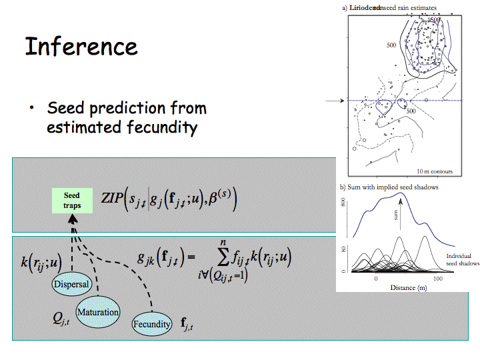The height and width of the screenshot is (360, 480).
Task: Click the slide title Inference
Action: point(81,47)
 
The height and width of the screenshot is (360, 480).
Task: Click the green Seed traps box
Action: point(72,201)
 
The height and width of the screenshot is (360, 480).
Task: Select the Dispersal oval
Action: point(72,284)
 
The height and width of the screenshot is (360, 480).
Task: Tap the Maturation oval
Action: point(98,312)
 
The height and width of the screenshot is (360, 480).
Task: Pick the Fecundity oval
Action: point(152,324)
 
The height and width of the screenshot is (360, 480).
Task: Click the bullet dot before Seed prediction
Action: point(31,109)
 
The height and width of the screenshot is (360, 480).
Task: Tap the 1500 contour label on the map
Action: point(434,20)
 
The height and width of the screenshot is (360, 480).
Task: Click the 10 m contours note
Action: point(434,171)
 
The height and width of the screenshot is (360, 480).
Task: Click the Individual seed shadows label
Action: point(462,259)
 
